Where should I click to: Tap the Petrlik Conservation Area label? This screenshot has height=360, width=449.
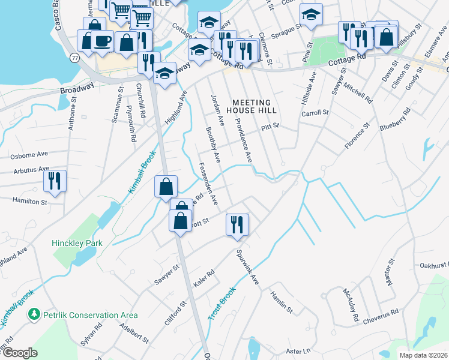coord(89,315)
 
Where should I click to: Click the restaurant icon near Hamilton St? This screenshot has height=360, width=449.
coord(55,181)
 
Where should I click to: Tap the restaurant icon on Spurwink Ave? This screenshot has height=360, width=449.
coord(237,224)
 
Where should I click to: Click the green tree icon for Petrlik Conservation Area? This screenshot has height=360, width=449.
coord(34,314)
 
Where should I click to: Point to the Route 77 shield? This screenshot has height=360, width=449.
coord(74,58)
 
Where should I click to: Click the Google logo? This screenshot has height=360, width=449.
coord(20,353)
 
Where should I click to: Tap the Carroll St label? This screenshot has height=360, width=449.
coord(315,113)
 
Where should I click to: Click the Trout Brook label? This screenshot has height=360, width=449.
coord(223,302)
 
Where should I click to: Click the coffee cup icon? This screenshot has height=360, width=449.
coord(103,41)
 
